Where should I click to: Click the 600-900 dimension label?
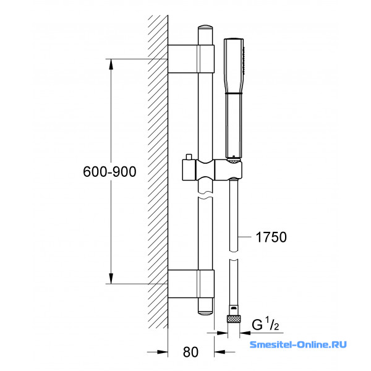click(x=109, y=171)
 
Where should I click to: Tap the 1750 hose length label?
click(x=271, y=237)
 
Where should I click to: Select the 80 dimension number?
click(x=190, y=352)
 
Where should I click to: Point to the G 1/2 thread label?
click(x=265, y=324)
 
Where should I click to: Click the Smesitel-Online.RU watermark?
click(x=298, y=344)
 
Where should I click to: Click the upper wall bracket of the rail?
click(x=191, y=59)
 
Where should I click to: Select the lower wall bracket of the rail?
click(x=191, y=284)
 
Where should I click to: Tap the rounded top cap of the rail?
click(x=205, y=35)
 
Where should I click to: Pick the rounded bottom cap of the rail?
click(x=205, y=307)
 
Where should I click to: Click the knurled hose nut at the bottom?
click(x=234, y=319)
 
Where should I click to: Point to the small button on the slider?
click(x=189, y=157)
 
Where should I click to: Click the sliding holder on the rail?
click(x=212, y=170)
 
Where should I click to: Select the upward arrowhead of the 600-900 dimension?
click(x=111, y=64)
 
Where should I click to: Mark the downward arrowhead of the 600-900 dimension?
click(x=111, y=278)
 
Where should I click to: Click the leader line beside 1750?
click(x=244, y=236)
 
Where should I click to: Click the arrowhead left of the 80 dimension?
click(x=162, y=352)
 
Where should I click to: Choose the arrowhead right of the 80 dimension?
click(x=220, y=352)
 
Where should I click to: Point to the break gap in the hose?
click(x=234, y=255)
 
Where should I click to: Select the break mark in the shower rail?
click(x=205, y=194)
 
